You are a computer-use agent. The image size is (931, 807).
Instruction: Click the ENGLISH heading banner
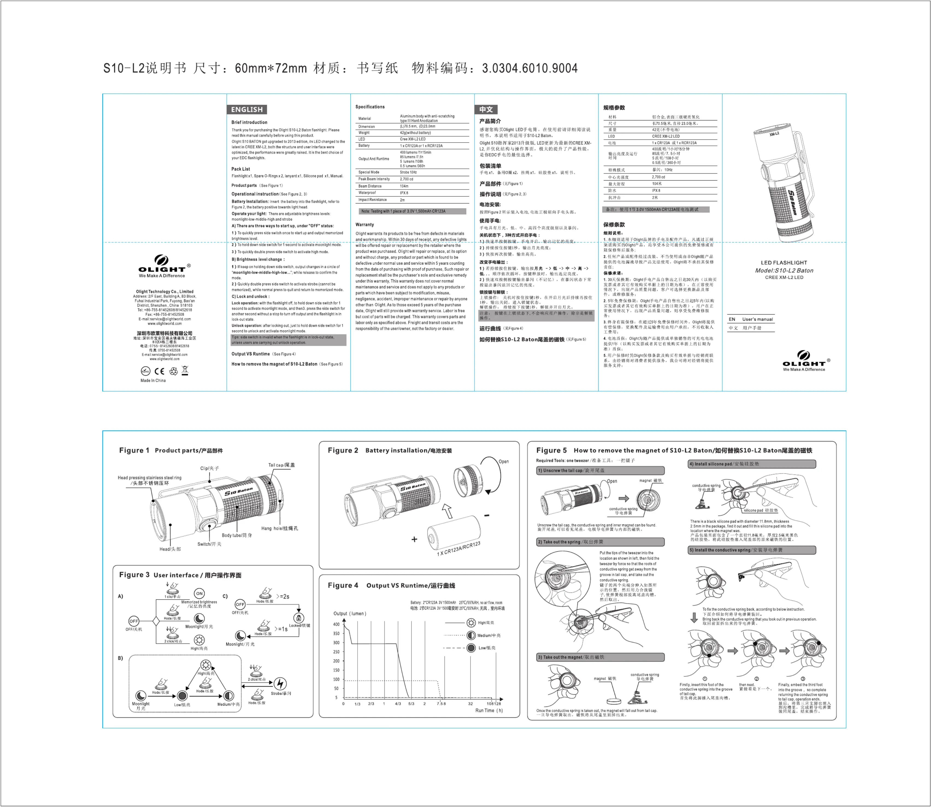(247, 110)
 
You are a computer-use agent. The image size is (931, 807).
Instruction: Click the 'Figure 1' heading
(134, 450)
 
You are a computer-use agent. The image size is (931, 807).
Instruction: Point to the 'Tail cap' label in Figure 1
(281, 465)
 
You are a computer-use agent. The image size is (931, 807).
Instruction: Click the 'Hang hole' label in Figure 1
(279, 528)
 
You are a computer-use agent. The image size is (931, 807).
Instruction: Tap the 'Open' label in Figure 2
(503, 462)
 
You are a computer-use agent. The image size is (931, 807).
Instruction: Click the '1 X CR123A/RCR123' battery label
(458, 548)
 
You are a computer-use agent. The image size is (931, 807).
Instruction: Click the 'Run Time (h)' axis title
(489, 711)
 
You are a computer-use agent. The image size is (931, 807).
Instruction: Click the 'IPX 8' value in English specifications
(404, 193)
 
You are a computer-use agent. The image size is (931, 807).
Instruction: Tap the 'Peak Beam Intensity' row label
(374, 179)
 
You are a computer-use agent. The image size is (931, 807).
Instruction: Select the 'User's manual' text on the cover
(758, 319)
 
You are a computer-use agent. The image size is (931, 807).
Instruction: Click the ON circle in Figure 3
(199, 593)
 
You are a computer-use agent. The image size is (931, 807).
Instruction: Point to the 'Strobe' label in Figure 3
(281, 693)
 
